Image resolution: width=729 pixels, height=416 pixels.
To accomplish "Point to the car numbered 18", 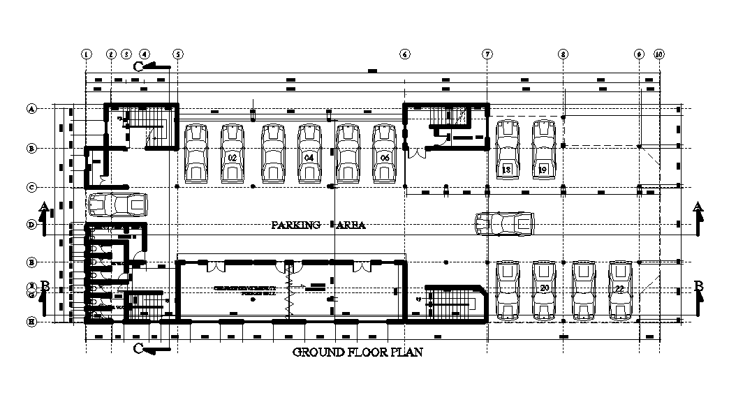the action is (x=507, y=149).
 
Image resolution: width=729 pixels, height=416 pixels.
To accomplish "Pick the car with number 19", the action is (x=543, y=149).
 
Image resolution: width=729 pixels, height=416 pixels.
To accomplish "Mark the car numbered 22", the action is (x=619, y=290).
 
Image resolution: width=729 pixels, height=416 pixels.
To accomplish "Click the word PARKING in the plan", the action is (x=296, y=225).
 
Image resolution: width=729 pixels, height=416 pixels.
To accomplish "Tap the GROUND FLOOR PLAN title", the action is (x=358, y=352).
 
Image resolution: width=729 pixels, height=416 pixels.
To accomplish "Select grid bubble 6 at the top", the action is (x=405, y=54).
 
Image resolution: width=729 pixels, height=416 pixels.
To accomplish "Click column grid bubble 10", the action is (x=658, y=54).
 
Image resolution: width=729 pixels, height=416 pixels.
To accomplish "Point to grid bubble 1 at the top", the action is (x=86, y=54).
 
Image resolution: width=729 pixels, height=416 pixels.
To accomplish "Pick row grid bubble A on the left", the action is (x=31, y=108).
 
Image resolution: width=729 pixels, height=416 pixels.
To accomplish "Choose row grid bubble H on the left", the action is (x=31, y=322).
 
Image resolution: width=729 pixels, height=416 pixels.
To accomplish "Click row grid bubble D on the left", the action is (x=31, y=225).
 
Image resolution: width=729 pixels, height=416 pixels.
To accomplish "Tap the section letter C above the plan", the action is (x=138, y=66).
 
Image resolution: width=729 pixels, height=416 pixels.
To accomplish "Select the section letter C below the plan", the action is (x=138, y=348).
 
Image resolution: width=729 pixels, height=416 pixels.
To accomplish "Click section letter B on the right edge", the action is (x=699, y=285).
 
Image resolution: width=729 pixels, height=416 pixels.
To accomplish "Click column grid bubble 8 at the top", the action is (x=563, y=54).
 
